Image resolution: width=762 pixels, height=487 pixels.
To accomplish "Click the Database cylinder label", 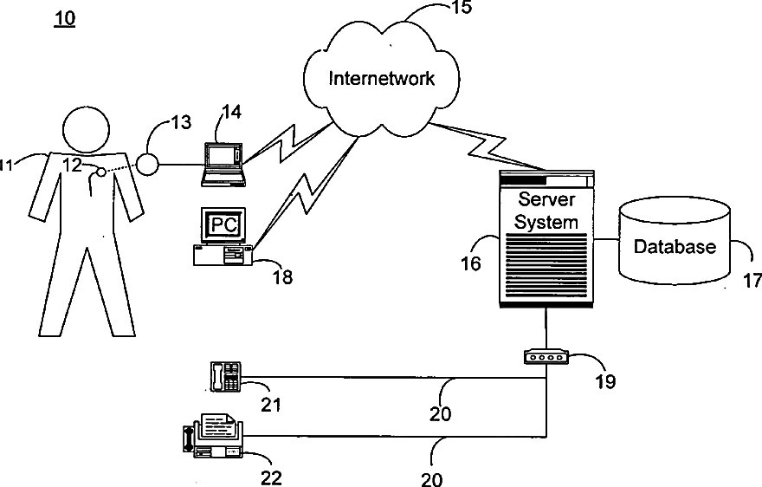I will (x=675, y=247).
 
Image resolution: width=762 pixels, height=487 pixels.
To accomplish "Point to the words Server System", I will (x=546, y=211).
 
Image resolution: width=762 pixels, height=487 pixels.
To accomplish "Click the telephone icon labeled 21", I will (x=225, y=376).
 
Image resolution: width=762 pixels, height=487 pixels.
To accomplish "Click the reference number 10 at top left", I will (x=64, y=18).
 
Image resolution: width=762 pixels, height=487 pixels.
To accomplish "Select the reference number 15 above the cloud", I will (x=464, y=9).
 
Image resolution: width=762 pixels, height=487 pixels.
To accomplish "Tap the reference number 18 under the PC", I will (x=282, y=277).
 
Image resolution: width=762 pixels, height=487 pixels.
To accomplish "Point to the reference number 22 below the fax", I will (x=271, y=476).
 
